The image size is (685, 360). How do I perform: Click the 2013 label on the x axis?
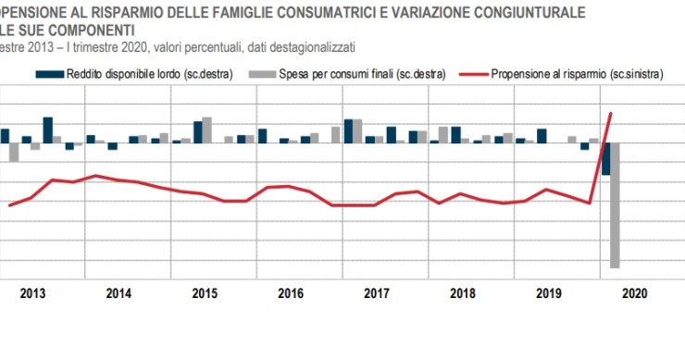[x=32, y=294]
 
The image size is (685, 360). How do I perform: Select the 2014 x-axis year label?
[x=118, y=294]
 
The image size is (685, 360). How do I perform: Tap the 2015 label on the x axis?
[x=204, y=294]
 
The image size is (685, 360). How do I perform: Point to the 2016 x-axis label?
[x=290, y=294]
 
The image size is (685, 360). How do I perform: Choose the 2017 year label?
[x=376, y=294]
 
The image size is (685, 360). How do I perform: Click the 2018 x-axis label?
[x=462, y=294]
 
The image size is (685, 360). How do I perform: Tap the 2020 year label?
[x=634, y=294]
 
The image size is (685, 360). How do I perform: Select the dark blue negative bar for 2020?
[x=605, y=158]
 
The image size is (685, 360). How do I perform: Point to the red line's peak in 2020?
[x=611, y=113]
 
